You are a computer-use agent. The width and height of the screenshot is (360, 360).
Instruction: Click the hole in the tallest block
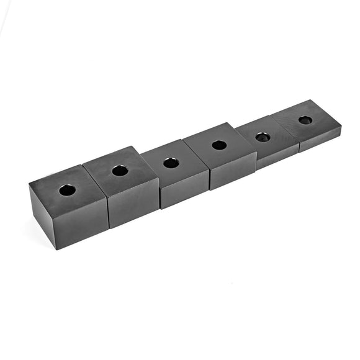tap(67, 190)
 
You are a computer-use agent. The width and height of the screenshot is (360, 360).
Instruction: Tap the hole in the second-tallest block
tap(120, 170)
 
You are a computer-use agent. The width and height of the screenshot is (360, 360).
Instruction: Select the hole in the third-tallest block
tap(171, 163)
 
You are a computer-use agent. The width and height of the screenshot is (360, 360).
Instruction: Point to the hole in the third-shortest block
tap(219, 145)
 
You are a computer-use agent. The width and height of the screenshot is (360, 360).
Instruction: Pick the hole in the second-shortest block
tap(263, 137)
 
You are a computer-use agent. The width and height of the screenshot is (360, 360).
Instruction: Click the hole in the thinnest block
tap(305, 120)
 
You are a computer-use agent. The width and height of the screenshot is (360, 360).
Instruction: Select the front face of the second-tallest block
tap(133, 202)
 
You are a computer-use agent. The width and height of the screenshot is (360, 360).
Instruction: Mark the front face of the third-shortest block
tap(233, 170)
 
